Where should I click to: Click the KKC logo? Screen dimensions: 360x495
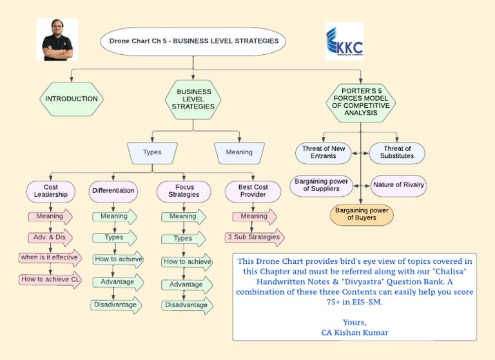pos(344,41)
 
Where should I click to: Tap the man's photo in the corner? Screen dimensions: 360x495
pos(57,39)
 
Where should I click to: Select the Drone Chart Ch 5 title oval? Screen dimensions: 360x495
pos(193,41)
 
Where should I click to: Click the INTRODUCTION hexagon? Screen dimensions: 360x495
pos(71,99)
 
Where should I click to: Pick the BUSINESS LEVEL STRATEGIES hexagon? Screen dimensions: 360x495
pos(193,99)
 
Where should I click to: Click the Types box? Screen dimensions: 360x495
pos(152,152)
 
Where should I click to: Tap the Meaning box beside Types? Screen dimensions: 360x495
pos(239,152)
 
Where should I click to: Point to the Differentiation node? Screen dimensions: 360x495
pos(113,191)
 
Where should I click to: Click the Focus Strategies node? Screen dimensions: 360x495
pos(183,191)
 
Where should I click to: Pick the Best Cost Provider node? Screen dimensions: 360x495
pos(253,191)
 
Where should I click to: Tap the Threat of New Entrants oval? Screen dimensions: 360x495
pos(324,153)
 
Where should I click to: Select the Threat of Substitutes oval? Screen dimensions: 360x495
pos(397,153)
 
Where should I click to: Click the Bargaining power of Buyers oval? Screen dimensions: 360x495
pos(361,214)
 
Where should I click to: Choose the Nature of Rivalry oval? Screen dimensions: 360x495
pos(398,185)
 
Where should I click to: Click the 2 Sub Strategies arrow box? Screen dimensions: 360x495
pos(253,237)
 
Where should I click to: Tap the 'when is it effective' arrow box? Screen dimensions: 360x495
pos(49,257)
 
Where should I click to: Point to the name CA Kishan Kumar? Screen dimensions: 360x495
pos(354,332)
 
